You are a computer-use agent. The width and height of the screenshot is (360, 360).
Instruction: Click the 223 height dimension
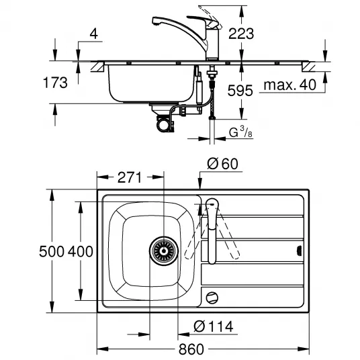coord(241,34)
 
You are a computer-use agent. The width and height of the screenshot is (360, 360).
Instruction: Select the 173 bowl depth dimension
coord(55,83)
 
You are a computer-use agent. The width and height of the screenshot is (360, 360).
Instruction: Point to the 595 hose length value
coord(240,91)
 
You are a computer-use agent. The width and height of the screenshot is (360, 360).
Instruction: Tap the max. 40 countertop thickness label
coord(290,85)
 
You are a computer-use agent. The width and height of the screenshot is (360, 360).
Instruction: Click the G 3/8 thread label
coord(240,132)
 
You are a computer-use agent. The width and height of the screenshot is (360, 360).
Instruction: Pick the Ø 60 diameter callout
coord(222,164)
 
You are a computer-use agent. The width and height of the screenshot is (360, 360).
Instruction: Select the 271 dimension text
coord(130,177)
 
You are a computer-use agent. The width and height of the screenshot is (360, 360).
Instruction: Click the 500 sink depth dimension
coord(52,251)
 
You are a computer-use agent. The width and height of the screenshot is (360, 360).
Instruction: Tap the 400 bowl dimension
coord(81,251)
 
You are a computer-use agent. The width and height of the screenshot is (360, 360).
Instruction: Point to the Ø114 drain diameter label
coord(214,326)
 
